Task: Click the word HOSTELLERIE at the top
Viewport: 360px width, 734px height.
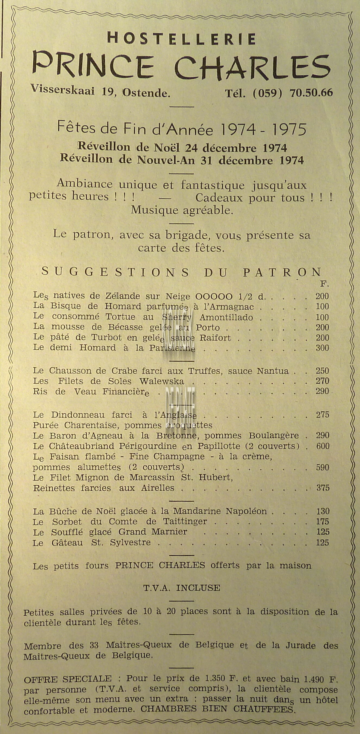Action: tap(181, 39)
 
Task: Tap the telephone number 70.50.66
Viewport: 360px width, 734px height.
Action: tap(311, 93)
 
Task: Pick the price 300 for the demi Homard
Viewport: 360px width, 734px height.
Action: tap(322, 348)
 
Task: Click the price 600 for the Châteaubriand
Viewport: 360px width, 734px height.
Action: tap(323, 446)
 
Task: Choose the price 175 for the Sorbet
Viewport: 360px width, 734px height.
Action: tap(323, 522)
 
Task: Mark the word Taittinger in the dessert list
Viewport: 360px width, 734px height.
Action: tap(185, 522)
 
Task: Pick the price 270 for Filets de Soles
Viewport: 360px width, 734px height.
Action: tap(322, 381)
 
